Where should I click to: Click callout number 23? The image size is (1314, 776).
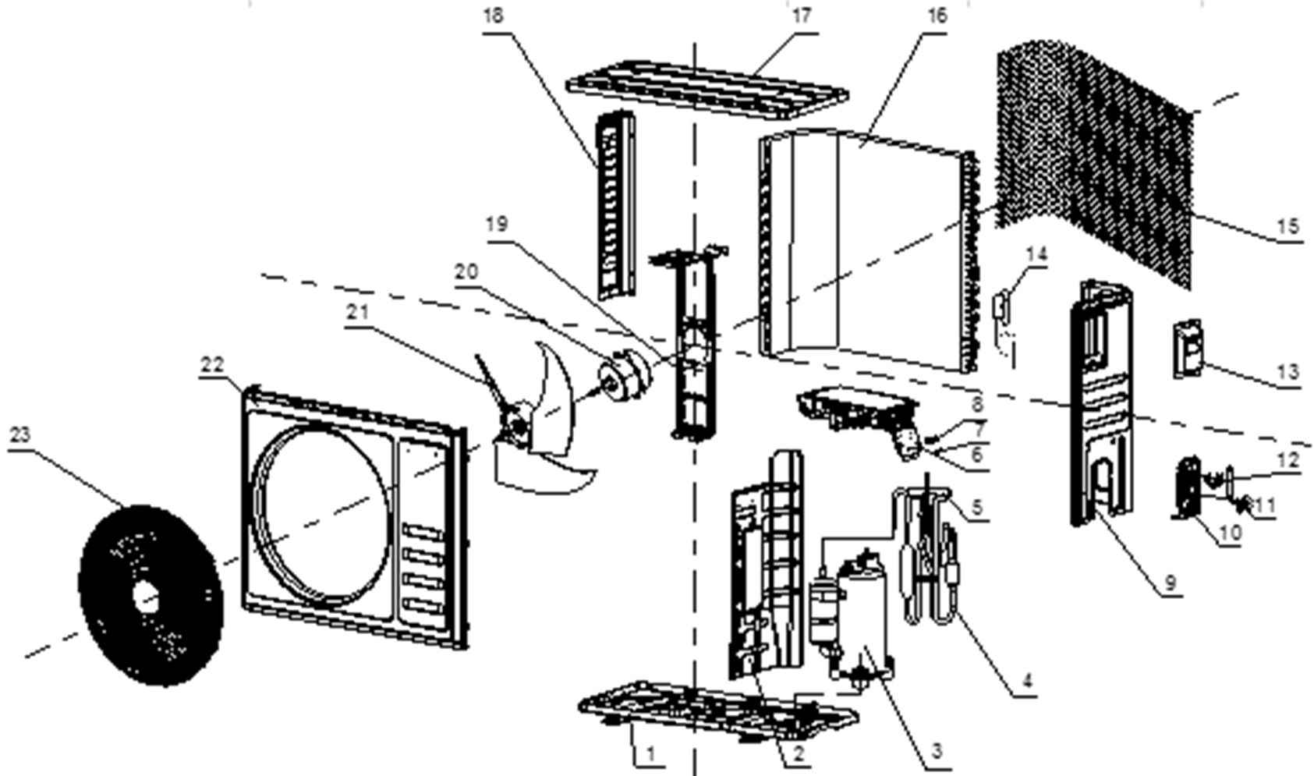click(19, 435)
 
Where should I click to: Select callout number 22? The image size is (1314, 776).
click(212, 365)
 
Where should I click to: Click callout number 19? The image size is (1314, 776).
click(497, 225)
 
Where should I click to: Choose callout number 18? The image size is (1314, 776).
click(493, 16)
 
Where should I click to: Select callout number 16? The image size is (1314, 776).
click(937, 16)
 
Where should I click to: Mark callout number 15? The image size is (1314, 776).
click(1288, 226)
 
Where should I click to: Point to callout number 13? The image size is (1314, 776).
click(1288, 372)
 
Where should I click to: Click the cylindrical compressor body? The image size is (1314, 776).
click(862, 624)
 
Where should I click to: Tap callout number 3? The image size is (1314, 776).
click(936, 750)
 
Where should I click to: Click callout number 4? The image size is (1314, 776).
click(1028, 681)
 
